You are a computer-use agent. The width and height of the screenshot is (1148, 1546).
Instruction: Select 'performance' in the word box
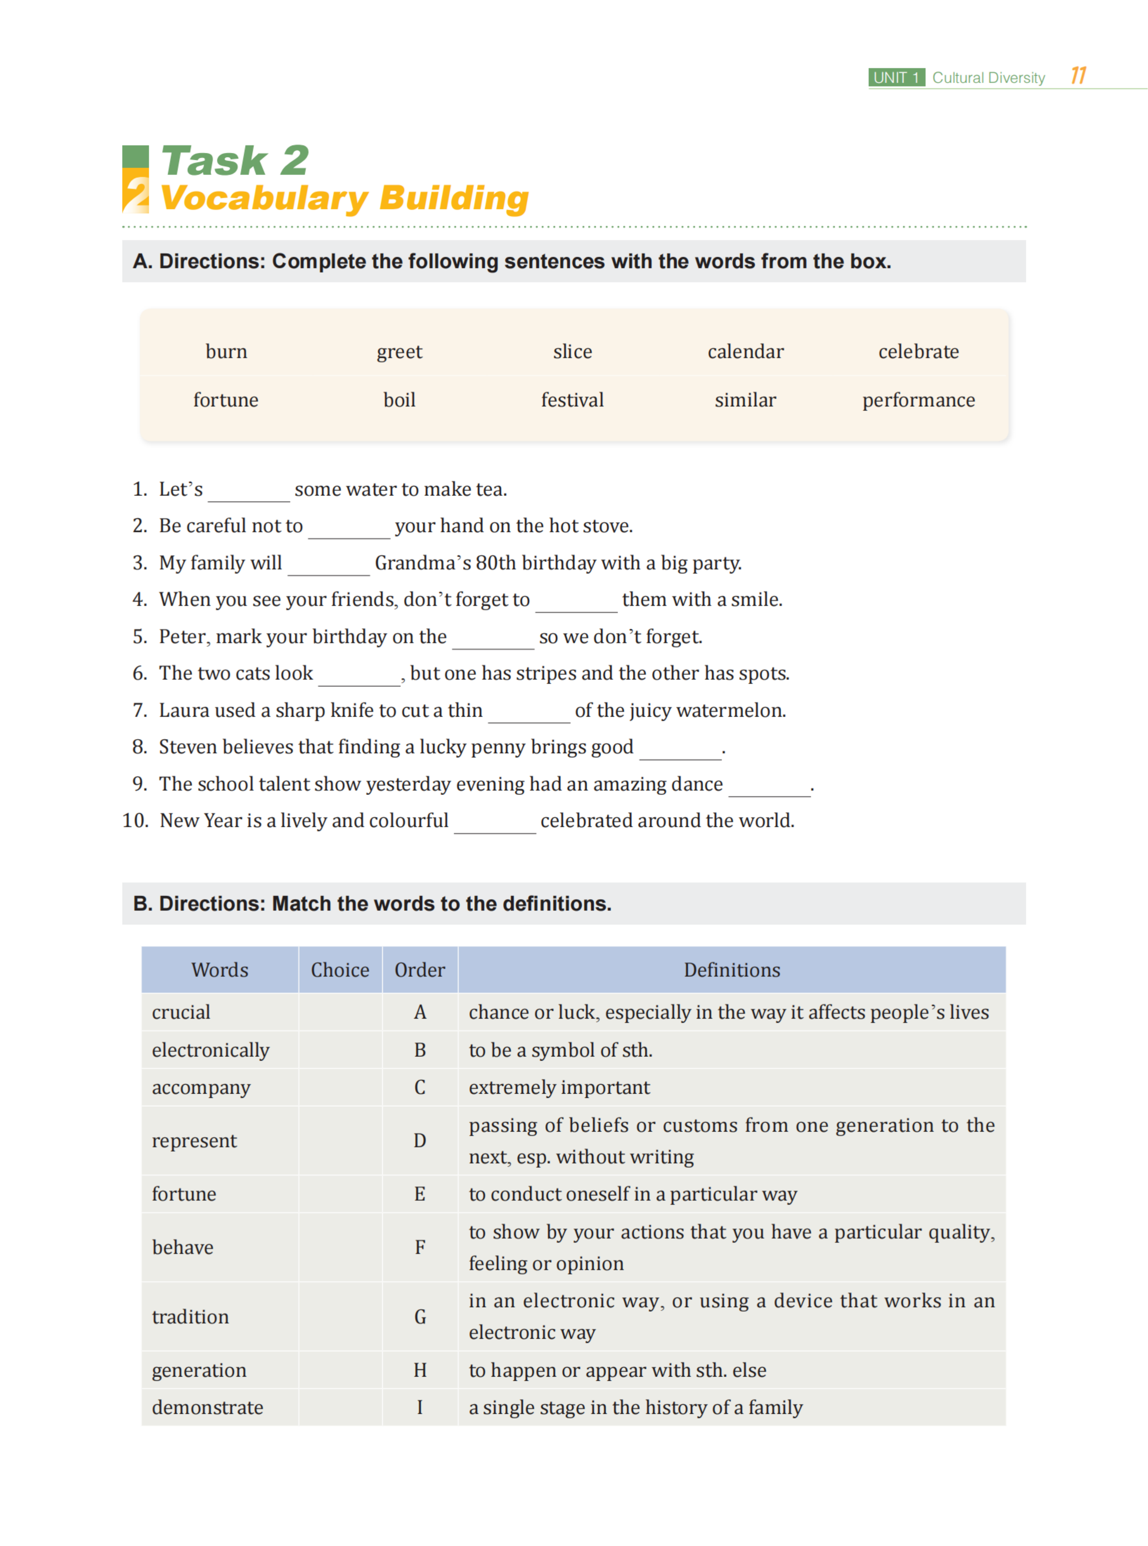pyautogui.click(x=918, y=400)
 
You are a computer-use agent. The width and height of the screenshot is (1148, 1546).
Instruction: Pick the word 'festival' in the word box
pyautogui.click(x=572, y=400)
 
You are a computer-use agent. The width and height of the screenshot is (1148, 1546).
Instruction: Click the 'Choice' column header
pyautogui.click(x=340, y=970)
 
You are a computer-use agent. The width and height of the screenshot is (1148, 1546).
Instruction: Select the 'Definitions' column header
pyautogui.click(x=732, y=970)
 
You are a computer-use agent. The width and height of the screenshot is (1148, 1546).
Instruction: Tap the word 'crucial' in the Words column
pyautogui.click(x=181, y=1013)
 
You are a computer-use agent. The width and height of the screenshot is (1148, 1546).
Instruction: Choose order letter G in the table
pyautogui.click(x=420, y=1317)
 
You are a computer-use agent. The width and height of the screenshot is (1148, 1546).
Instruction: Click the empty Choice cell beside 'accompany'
pyautogui.click(x=340, y=1087)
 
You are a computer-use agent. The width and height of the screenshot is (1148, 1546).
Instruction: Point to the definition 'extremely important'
pyautogui.click(x=559, y=1087)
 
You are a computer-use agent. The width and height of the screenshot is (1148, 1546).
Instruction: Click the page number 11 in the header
pyautogui.click(x=1078, y=76)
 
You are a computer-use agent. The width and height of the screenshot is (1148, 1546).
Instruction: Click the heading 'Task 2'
pyautogui.click(x=235, y=161)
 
